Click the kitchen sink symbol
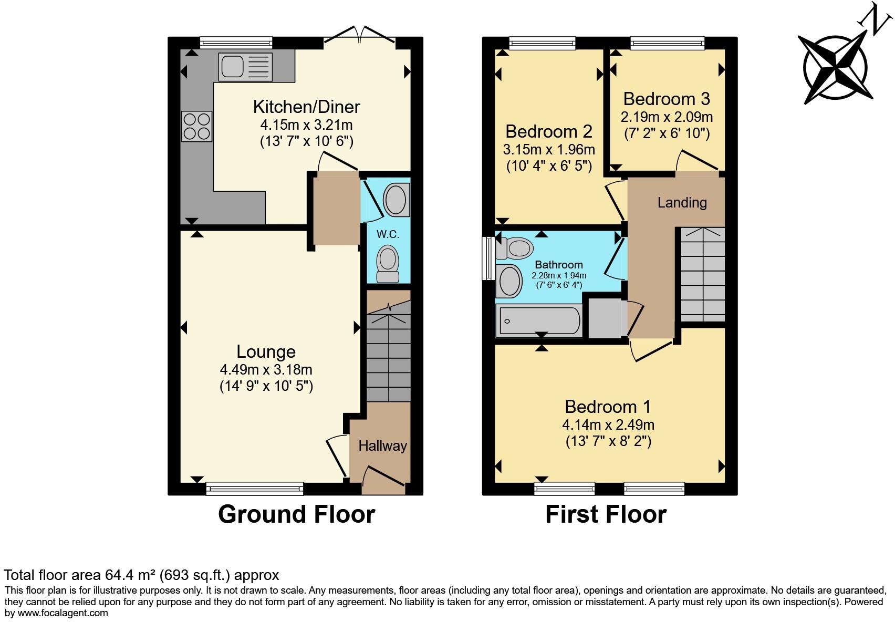[x=245, y=67]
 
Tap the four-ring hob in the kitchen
[x=197, y=127]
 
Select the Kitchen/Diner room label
[x=306, y=107]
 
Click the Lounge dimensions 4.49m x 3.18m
[x=266, y=369]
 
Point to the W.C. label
[x=388, y=234]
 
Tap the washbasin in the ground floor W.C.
[x=397, y=200]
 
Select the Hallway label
[x=382, y=446]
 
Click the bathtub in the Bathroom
[x=539, y=320]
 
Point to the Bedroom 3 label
[x=667, y=99]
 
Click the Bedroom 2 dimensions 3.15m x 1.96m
[x=549, y=149]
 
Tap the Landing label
[x=682, y=202]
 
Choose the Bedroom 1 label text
[x=608, y=407]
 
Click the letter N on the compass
[x=876, y=19]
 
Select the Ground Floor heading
[x=296, y=514]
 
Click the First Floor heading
[x=606, y=514]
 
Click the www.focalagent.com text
[x=63, y=613]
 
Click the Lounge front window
[x=255, y=489]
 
